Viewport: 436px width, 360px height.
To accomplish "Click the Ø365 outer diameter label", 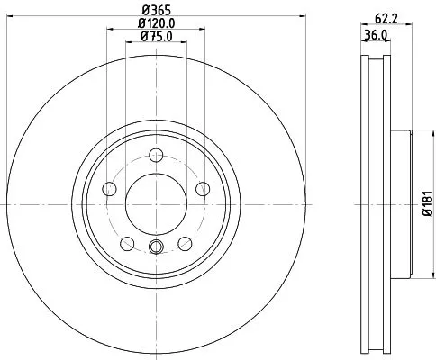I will coord(155,10).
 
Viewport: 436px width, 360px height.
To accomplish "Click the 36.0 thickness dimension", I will coord(376,35).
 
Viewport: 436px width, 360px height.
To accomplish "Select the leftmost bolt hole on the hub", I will coord(110,189).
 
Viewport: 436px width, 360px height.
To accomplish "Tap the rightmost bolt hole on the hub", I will coord(203,187).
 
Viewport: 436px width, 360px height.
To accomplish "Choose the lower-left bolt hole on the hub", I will coord(126,243).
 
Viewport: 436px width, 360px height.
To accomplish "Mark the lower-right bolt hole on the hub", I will coord(185,243).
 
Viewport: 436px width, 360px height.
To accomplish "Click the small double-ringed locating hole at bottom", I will coord(155,248).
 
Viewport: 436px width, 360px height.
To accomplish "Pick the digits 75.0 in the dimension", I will coord(160,37).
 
